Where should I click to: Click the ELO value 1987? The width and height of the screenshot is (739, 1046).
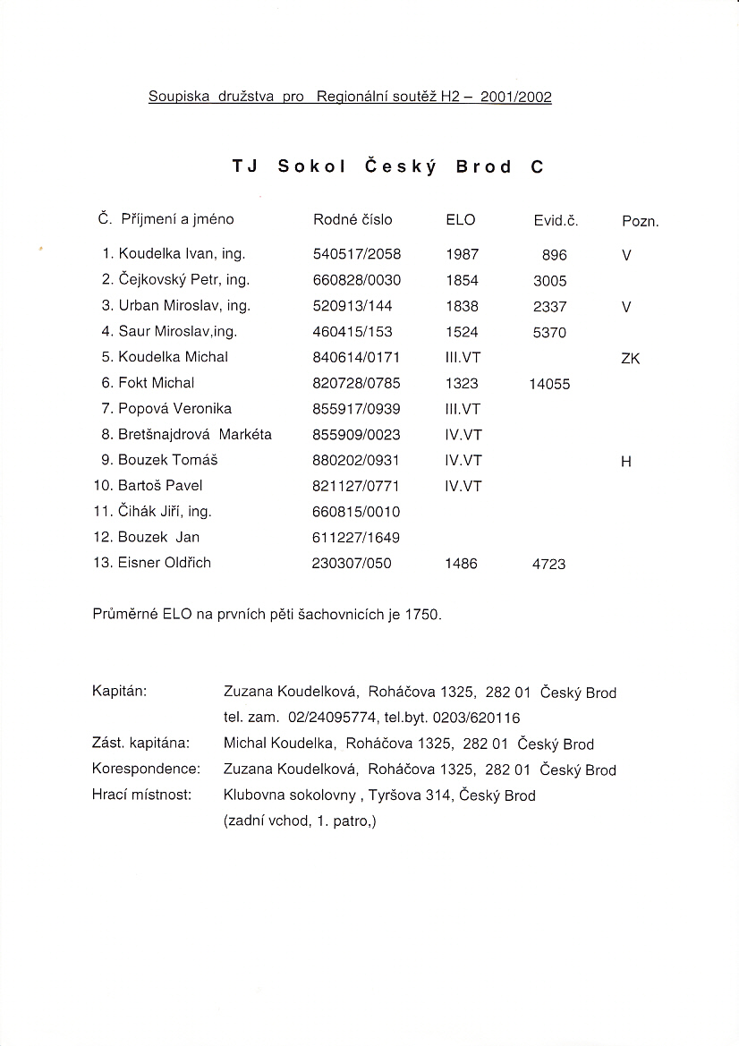coord(462,254)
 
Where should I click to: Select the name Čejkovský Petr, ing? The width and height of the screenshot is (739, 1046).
coord(183,280)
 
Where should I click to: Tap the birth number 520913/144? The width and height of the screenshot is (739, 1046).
coord(353,306)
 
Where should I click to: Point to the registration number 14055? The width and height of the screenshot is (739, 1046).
coord(549,384)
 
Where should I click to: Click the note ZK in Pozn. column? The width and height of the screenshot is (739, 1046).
coord(629,359)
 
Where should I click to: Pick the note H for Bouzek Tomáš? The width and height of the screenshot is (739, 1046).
coord(626,462)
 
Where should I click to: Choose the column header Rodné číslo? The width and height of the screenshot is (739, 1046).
coord(353,219)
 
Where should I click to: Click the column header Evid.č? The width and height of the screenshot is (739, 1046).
coord(556,220)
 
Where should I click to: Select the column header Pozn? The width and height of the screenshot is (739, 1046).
coord(640,221)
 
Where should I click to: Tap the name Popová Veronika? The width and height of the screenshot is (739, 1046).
coord(174,409)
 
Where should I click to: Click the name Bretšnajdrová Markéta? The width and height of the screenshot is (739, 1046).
coord(194,435)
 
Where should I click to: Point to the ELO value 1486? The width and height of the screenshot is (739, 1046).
coord(462,564)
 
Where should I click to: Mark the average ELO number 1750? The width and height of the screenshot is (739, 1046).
coord(423,616)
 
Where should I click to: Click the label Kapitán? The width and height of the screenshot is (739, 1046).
coord(120,692)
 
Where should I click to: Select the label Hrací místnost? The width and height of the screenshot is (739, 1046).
coord(142,795)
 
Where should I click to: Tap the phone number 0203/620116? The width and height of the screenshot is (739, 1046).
coord(475,718)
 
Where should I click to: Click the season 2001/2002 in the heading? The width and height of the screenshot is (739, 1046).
coord(515,98)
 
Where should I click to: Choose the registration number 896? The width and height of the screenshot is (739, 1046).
coord(555,255)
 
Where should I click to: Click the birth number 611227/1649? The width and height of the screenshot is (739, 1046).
coord(356,538)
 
